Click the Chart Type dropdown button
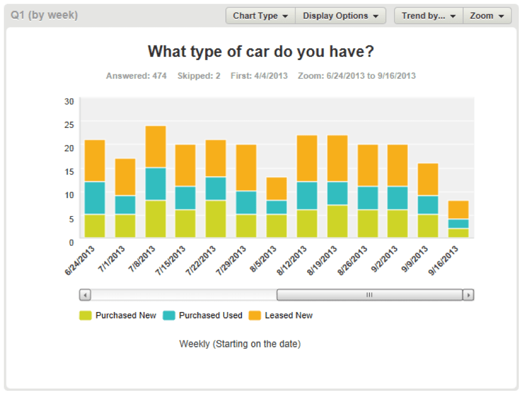(260, 16)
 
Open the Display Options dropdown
(341, 16)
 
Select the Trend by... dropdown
(428, 16)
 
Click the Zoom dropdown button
(487, 16)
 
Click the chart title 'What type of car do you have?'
(261, 52)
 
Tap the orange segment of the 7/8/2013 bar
(156, 147)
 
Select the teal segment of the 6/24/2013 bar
(95, 198)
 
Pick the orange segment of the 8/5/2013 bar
(277, 189)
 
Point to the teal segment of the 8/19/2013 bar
(337, 193)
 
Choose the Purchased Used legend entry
(203, 316)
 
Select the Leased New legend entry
(281, 316)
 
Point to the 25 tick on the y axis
(69, 125)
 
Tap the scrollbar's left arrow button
(85, 295)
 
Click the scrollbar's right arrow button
(468, 295)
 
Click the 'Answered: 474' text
(136, 76)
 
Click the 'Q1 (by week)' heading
(44, 15)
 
